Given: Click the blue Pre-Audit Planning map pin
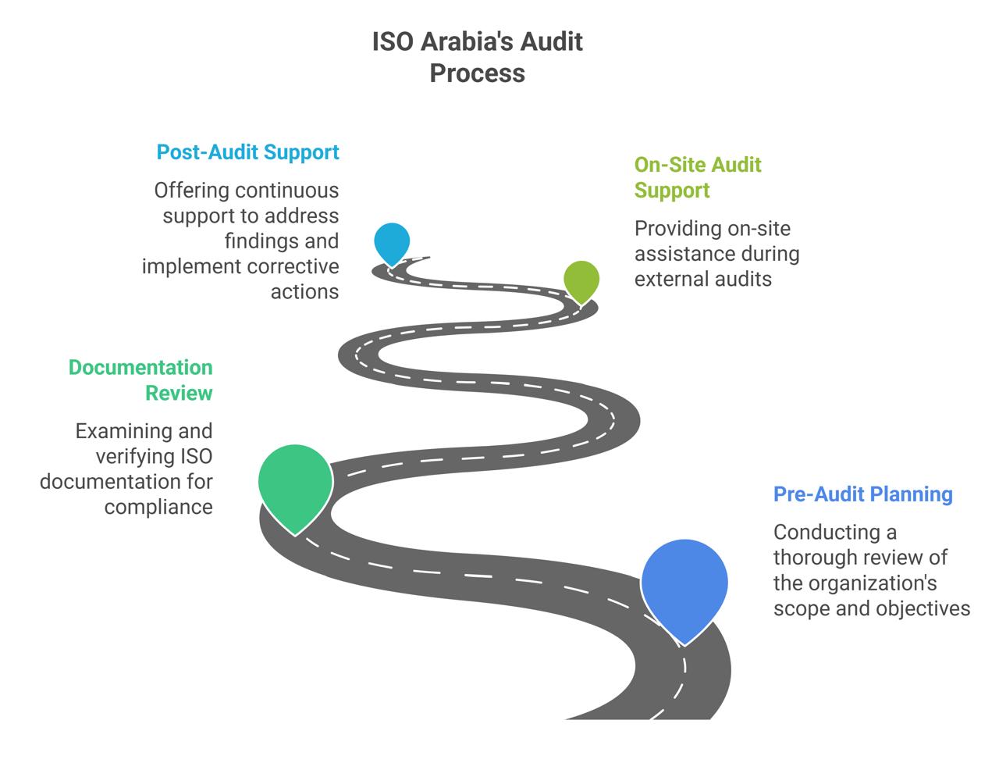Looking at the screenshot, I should click(x=684, y=584).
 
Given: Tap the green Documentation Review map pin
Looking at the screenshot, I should click(x=296, y=482).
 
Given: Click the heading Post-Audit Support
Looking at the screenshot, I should click(x=248, y=152).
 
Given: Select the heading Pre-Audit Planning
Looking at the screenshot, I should click(x=862, y=494).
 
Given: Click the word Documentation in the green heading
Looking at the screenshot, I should click(x=140, y=367).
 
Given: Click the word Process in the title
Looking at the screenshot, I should click(x=478, y=73).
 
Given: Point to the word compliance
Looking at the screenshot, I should click(x=158, y=507).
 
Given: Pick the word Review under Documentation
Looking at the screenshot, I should click(x=179, y=393).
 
